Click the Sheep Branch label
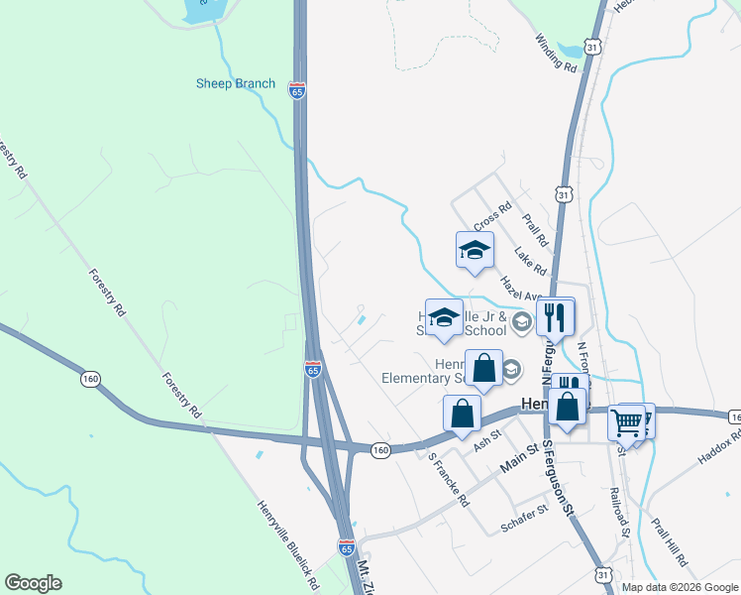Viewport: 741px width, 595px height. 235,83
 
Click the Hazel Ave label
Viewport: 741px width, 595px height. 519,289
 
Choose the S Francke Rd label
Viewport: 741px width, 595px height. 449,481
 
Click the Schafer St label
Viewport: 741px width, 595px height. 524,518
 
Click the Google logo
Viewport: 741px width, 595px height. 33,583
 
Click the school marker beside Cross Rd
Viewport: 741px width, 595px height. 475,250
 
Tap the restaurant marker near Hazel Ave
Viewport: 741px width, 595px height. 555,316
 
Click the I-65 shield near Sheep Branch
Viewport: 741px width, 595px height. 297,89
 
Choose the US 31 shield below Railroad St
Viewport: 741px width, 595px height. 603,574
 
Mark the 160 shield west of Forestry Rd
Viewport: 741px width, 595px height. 91,378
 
